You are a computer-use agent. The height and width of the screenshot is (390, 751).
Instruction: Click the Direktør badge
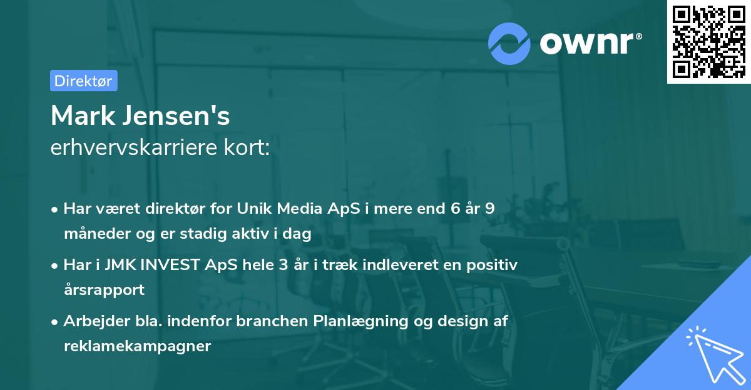pyautogui.click(x=83, y=81)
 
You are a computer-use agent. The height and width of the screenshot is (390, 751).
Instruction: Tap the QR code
pyautogui.click(x=708, y=41)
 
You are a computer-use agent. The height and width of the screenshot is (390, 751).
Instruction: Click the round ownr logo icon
pyautogui.click(x=509, y=43)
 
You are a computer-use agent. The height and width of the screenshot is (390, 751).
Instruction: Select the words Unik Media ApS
pyautogui.click(x=299, y=209)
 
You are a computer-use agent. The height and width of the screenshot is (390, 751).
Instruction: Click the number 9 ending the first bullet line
pyautogui.click(x=489, y=209)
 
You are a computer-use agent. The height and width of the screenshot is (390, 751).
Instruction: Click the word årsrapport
pyautogui.click(x=104, y=290)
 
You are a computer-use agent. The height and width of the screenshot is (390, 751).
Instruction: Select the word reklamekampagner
pyautogui.click(x=137, y=346)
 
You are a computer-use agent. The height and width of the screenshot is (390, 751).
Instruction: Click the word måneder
pyautogui.click(x=95, y=234)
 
